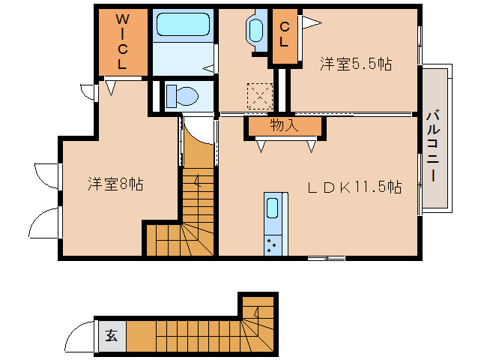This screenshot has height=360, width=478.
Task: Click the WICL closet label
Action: coord(122,41)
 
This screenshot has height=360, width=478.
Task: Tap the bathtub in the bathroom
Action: coord(183,24)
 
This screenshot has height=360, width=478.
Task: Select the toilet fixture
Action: coord(182,96)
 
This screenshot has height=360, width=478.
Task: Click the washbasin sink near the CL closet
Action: coord(255,31)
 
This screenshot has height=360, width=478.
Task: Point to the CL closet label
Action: coord(284,34)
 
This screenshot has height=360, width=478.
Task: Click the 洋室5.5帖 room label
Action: coord(356,64)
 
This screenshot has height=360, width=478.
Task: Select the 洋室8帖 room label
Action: coord(115,184)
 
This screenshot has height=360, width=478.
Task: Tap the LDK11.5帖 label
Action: coord(354,187)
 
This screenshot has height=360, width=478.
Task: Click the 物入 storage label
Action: coord(284,125)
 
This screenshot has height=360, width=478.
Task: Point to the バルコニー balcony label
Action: coord(433,145)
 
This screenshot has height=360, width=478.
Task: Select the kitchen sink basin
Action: coord(272,208)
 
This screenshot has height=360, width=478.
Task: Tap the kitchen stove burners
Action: coord(273,244)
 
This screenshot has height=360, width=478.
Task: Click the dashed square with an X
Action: coord(260,97)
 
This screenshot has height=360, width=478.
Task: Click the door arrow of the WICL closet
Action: coord(111,88)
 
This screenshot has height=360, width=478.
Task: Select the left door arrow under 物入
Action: coord(261,146)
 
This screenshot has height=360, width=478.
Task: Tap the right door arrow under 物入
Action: coord(311,146)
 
